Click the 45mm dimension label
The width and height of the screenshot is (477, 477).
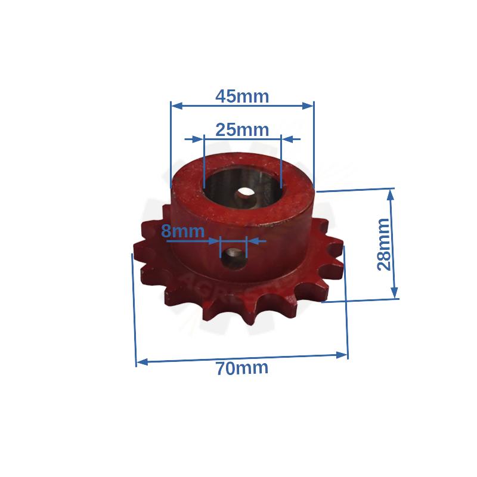[242, 95]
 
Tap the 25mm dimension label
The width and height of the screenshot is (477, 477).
[242, 129]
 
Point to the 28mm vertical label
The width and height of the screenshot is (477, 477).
[384, 244]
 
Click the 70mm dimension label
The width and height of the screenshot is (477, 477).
[242, 368]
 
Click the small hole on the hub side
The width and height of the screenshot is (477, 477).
[233, 258]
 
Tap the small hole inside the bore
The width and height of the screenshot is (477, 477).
[245, 195]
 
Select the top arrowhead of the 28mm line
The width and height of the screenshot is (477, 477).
[392, 194]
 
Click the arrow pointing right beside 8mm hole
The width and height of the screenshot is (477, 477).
[215, 241]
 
